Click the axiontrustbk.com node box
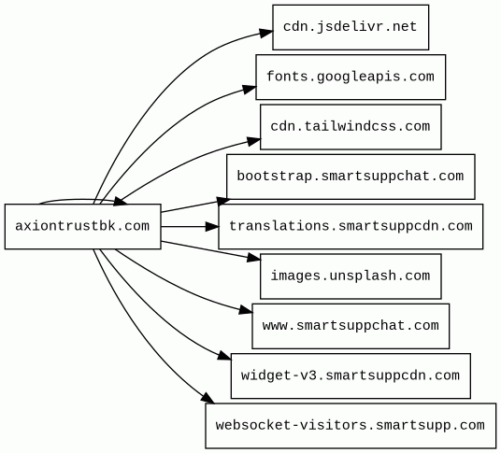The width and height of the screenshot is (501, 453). tap(83, 226)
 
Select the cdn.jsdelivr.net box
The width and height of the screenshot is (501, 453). tap(351, 27)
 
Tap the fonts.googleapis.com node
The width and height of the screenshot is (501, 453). tap(351, 77)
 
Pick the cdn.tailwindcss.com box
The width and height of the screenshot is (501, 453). tap(351, 127)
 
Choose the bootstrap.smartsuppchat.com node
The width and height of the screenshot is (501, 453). tap(351, 177)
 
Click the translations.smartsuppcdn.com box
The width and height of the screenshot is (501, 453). tap(351, 226)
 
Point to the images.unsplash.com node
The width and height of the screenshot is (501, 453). tap(351, 276)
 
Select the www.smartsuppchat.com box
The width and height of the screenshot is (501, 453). tap(351, 326)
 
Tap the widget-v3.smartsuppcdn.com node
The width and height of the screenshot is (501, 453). tap(351, 375)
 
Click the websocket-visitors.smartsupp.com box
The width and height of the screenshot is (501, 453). tap(351, 426)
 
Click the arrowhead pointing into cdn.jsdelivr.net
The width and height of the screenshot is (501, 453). tap(265, 33)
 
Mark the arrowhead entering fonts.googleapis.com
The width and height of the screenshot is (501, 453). tap(250, 89)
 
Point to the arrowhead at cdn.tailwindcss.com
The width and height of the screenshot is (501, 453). tap(253, 141)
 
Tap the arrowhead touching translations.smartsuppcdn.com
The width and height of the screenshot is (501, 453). tap(212, 227)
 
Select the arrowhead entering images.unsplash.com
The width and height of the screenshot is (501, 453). tap(254, 258)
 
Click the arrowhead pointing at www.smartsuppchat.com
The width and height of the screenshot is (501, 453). tap(246, 310)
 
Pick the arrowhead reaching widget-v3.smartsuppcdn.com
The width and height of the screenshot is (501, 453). tap(224, 356)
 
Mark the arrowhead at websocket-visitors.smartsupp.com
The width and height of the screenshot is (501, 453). tap(208, 398)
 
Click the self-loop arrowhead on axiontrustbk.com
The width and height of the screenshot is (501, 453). tap(121, 201)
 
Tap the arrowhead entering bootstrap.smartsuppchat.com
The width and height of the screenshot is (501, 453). tap(223, 201)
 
